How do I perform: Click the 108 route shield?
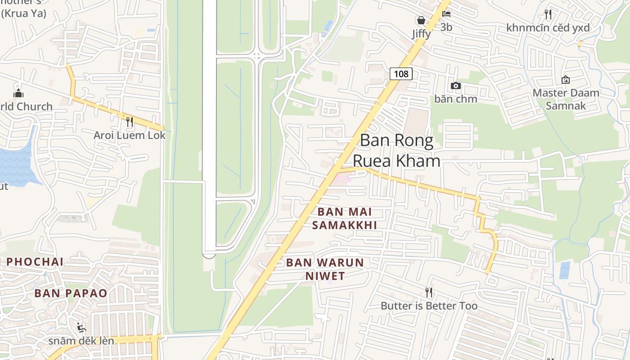point(400,73)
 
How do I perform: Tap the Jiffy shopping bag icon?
point(421,20)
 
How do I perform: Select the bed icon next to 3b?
point(446,14)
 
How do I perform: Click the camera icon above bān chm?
point(455,85)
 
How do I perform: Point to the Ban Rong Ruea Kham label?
point(396,150)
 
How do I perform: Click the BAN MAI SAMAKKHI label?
point(345,218)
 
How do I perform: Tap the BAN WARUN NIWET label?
point(325,269)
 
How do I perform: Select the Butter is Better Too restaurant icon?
point(429,292)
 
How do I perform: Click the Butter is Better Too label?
point(429,306)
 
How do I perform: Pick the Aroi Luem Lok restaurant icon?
point(130,121)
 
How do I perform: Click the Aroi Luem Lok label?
point(130,135)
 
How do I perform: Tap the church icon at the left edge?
point(18,92)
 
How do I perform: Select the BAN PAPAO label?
point(71,293)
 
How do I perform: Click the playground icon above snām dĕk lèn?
point(81,327)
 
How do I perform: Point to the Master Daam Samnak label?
point(566,99)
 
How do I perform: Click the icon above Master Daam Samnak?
point(566,80)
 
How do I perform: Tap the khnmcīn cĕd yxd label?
point(548,28)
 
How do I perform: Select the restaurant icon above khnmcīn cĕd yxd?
point(548,14)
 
